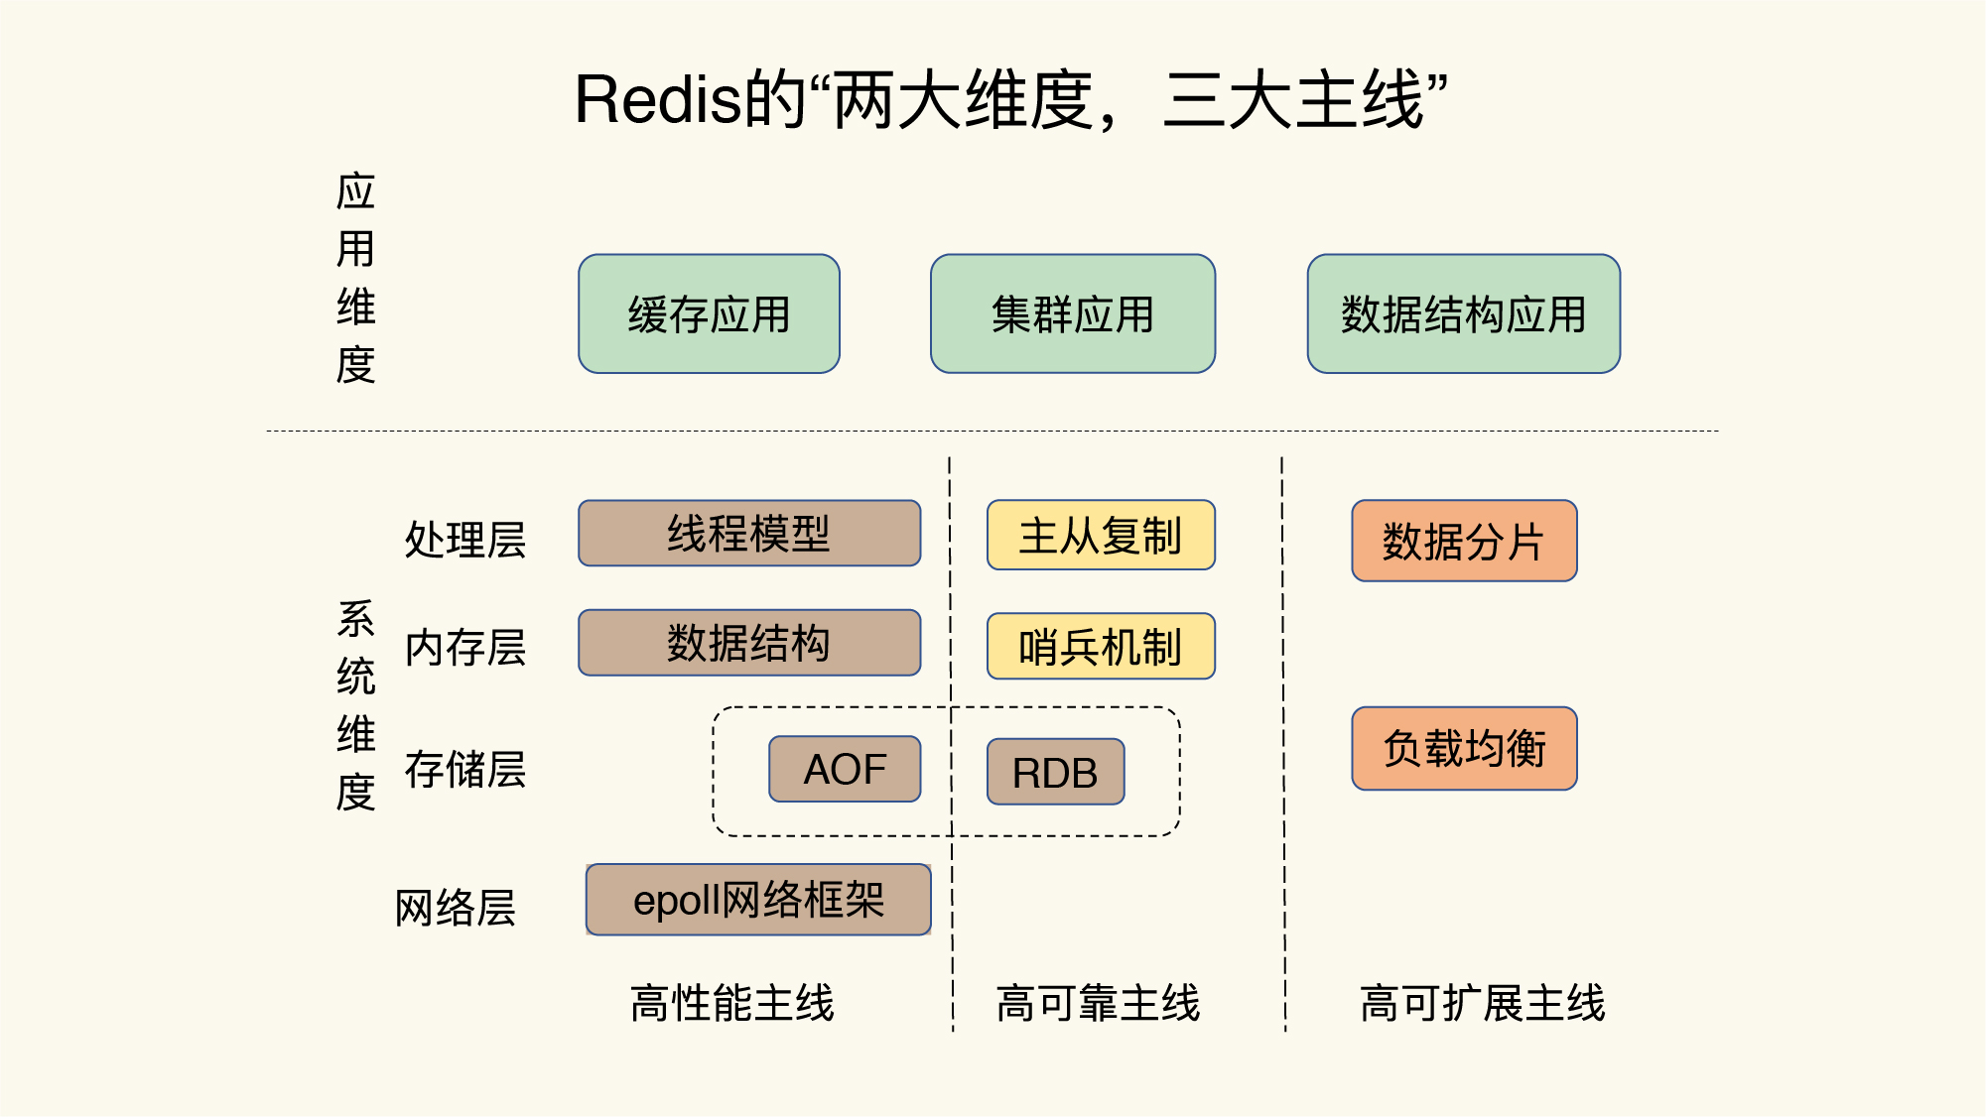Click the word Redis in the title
click(x=658, y=101)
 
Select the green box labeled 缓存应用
click(x=709, y=314)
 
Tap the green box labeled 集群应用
click(x=1072, y=314)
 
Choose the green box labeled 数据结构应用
click(x=1463, y=314)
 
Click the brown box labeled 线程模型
click(x=748, y=534)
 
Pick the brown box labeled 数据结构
click(x=748, y=643)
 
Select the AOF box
click(x=845, y=769)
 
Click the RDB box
click(x=1055, y=772)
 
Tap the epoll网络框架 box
click(x=758, y=900)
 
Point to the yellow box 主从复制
click(x=1100, y=536)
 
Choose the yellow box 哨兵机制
click(x=1100, y=647)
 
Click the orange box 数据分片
click(x=1463, y=542)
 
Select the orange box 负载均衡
click(x=1463, y=749)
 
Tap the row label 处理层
click(x=464, y=540)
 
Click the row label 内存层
click(x=464, y=648)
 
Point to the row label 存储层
click(x=464, y=770)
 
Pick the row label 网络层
click(x=455, y=908)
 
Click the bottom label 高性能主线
click(x=731, y=1003)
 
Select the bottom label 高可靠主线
click(x=1098, y=1003)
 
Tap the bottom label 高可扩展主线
click(x=1482, y=1003)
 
